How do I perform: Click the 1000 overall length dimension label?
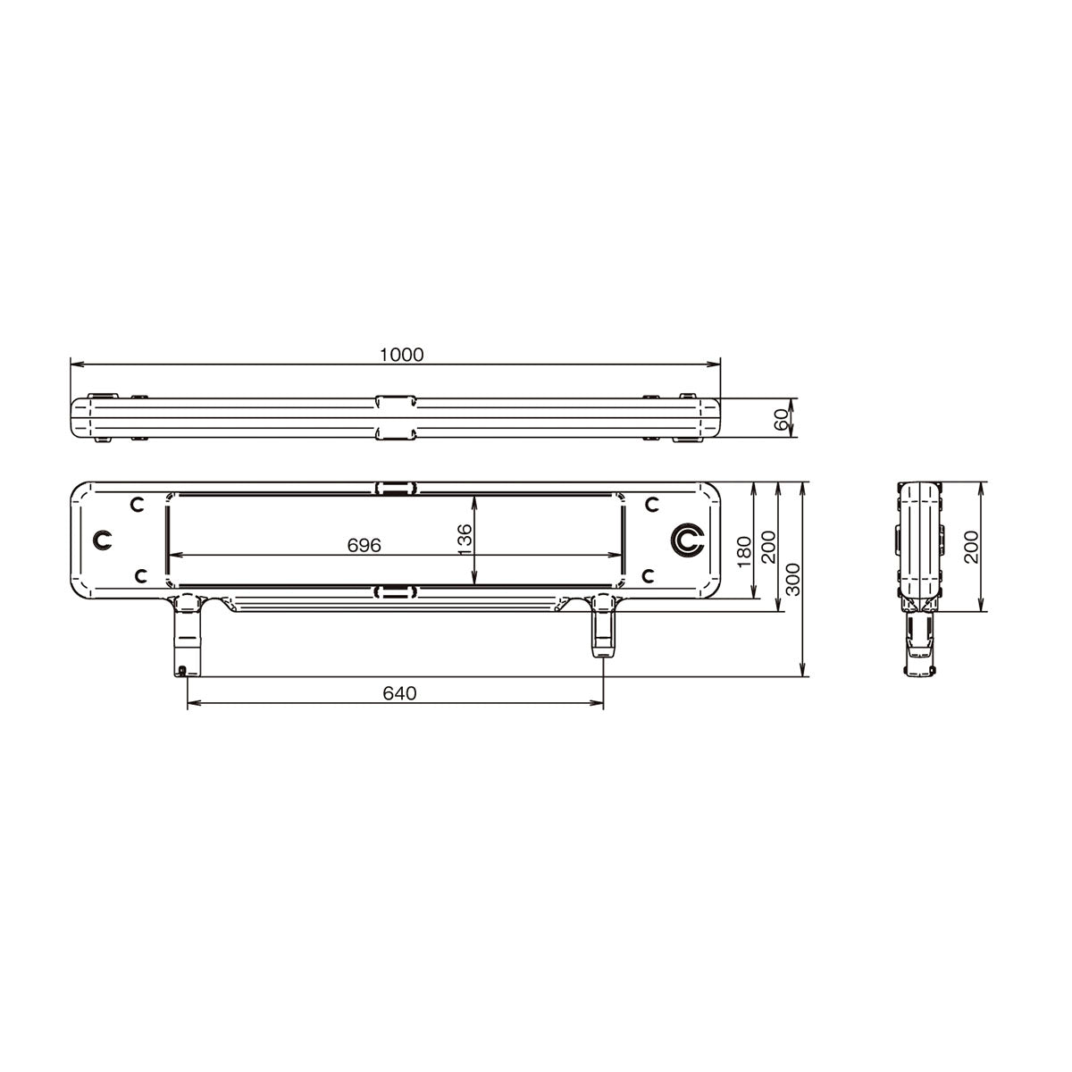(x=401, y=355)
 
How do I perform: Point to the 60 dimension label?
(x=781, y=420)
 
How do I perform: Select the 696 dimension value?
(x=364, y=545)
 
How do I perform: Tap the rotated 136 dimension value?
(x=464, y=539)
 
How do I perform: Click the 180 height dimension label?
(x=744, y=551)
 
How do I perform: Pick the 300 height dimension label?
(x=792, y=579)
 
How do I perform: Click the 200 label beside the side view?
(x=970, y=547)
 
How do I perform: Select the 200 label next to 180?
(x=767, y=547)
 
